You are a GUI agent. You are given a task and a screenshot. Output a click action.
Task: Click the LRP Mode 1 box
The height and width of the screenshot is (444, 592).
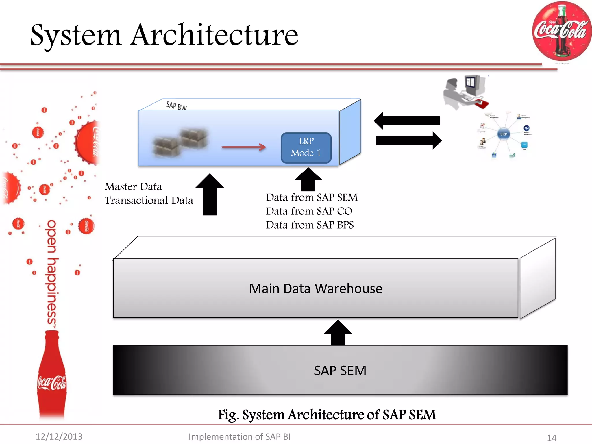coord(306,148)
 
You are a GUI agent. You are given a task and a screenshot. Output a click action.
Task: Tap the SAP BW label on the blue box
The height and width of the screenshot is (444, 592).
coord(176,106)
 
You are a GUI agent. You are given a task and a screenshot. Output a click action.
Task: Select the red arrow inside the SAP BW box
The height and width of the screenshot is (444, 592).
coord(243,147)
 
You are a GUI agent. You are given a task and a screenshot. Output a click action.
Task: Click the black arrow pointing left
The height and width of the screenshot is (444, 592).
coord(407,121)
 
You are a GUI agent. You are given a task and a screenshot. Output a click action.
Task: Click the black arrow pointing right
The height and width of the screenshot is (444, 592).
coord(408,141)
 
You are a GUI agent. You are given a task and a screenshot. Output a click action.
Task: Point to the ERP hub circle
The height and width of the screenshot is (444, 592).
coord(504,134)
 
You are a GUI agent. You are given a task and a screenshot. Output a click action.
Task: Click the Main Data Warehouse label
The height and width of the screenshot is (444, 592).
coord(316,288)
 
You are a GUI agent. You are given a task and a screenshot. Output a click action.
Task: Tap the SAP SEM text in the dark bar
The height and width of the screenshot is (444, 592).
coord(340,371)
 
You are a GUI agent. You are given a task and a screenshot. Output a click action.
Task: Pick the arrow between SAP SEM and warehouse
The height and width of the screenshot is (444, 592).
coord(338,332)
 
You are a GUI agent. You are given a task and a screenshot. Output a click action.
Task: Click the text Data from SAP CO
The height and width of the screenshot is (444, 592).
coord(309,211)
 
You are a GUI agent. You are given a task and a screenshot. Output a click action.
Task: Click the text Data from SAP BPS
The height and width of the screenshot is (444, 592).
coord(310,225)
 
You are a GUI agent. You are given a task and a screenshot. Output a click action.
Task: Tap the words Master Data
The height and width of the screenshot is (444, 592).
coord(133,187)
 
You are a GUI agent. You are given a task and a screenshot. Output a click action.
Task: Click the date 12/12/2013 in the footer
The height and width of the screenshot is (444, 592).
coord(59,436)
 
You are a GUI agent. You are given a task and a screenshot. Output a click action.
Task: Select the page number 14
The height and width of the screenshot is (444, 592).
coord(552,438)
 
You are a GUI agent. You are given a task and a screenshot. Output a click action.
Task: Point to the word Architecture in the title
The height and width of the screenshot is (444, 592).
coord(214,35)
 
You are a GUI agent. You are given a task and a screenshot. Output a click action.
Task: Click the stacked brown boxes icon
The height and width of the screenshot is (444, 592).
coord(180,142)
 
